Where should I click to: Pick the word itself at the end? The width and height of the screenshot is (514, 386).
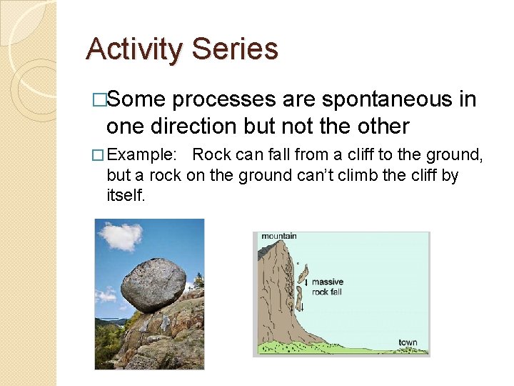[x=126, y=194]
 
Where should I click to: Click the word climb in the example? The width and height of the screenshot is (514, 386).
[x=332, y=175]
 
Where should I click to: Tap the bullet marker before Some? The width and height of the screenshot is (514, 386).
[x=100, y=100]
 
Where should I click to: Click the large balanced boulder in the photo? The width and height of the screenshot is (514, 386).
[x=153, y=284]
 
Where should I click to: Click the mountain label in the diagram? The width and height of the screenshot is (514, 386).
[x=279, y=237]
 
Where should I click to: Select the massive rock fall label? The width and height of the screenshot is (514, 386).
[x=327, y=287]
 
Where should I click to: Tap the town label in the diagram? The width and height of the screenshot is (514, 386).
[x=408, y=342]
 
